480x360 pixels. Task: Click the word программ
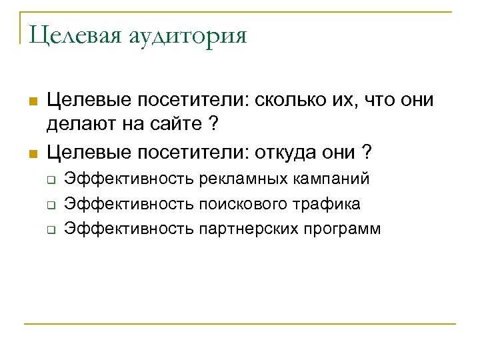point(344,229)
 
